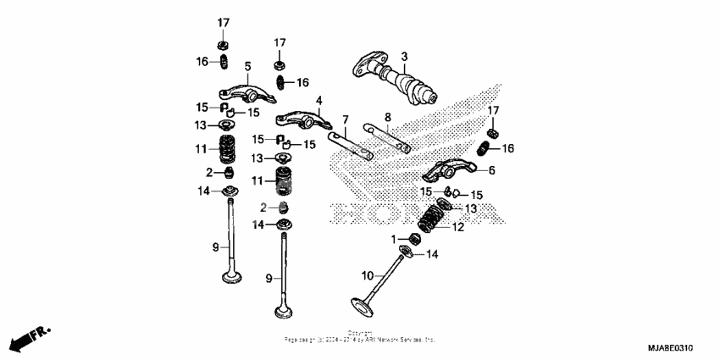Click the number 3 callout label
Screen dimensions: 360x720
point(404,56)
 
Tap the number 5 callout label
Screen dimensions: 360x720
point(247,66)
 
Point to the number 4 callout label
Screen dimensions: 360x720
point(319,101)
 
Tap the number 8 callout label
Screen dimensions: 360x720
point(387,116)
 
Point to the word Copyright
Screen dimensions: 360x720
point(359,333)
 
